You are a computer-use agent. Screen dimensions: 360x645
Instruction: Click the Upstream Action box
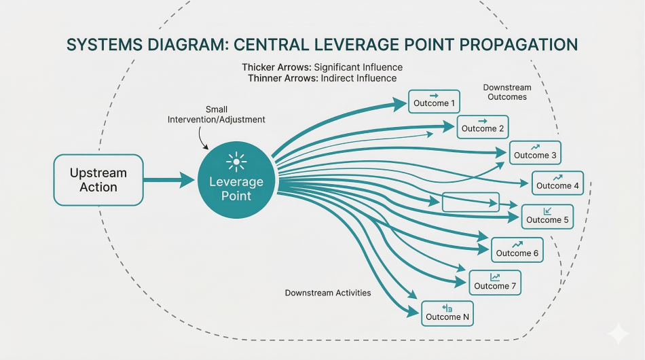tap(98, 180)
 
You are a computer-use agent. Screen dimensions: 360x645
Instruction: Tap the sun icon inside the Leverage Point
tap(236, 161)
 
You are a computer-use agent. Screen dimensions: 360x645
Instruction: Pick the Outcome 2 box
tap(483, 126)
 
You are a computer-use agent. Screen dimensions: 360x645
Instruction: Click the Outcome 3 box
tap(535, 153)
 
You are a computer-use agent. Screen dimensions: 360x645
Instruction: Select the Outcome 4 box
tap(557, 183)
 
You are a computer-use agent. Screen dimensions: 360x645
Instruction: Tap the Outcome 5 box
tap(547, 217)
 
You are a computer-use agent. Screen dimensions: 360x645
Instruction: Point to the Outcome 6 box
tap(517, 250)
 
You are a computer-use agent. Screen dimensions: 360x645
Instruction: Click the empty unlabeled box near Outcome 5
tap(470, 202)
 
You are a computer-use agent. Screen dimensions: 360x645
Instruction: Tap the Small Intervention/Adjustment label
tap(216, 115)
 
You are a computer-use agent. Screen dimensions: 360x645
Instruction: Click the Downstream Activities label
tap(328, 293)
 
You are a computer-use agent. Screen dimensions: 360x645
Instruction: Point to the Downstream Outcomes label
tap(507, 92)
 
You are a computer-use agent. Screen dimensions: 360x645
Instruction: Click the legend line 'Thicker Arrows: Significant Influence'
tap(322, 67)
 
